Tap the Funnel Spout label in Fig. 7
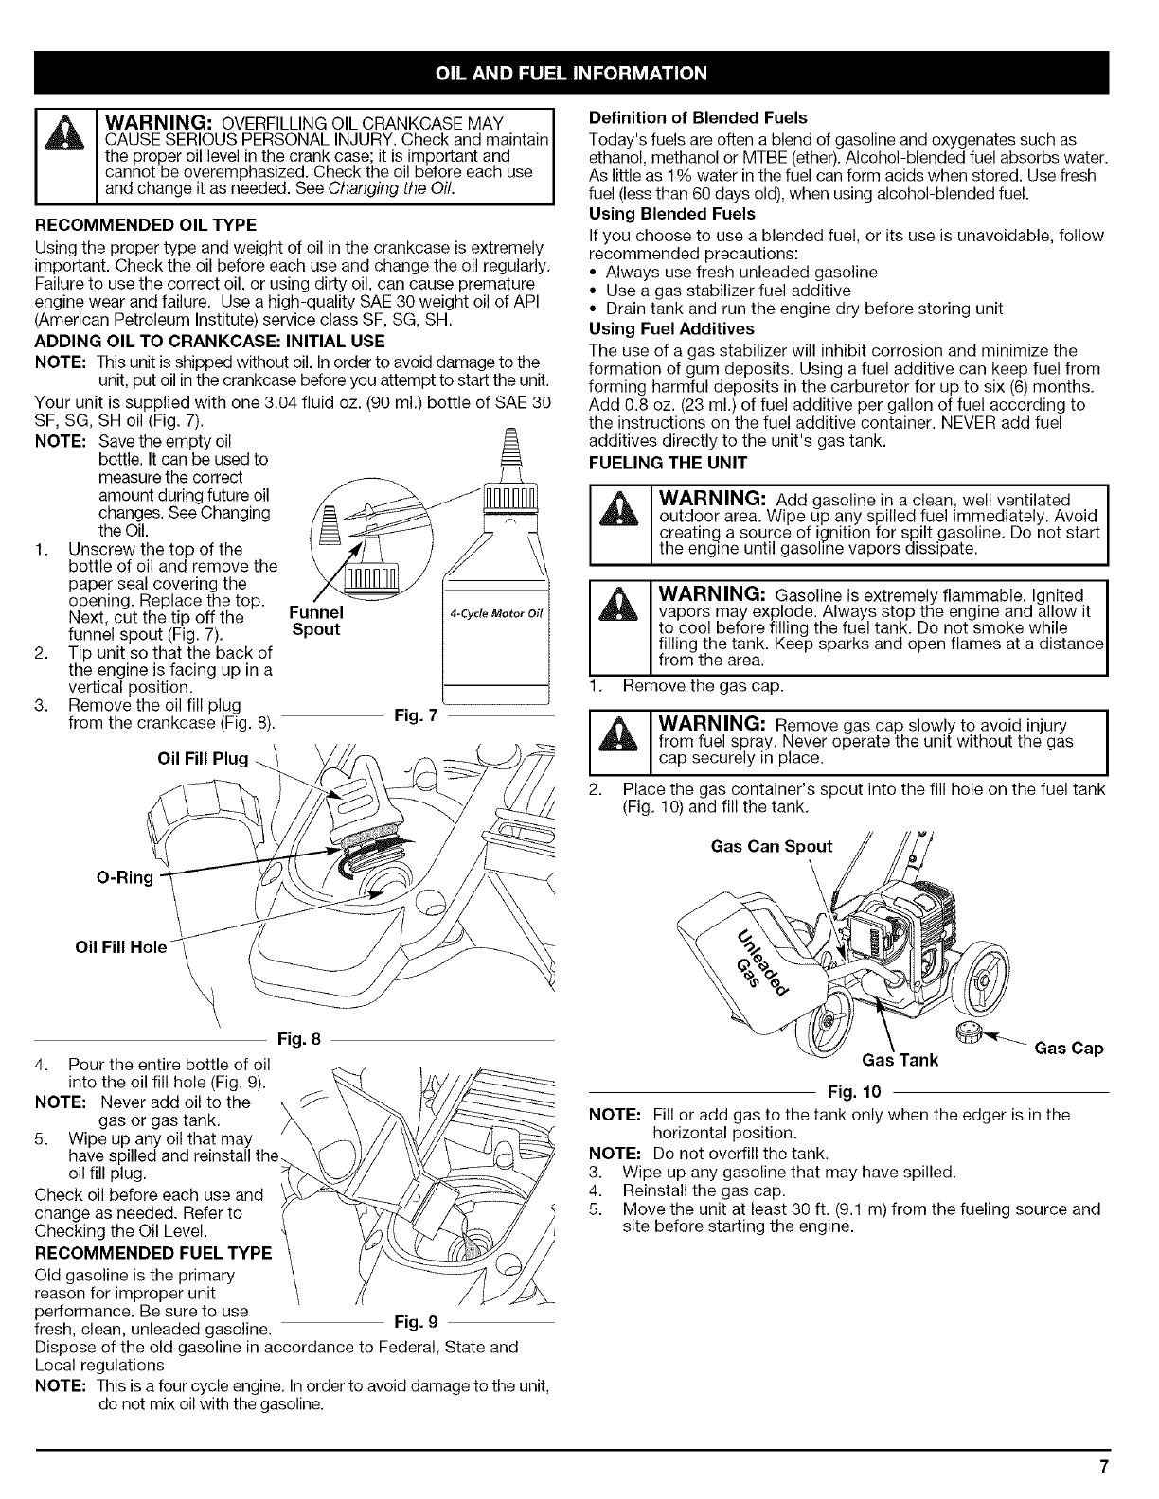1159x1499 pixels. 316,621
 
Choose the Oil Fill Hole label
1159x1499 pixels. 120,947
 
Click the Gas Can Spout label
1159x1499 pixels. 773,846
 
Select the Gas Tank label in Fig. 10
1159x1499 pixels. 900,1059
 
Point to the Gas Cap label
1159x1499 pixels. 1069,1049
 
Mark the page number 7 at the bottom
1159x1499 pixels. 1103,1468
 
